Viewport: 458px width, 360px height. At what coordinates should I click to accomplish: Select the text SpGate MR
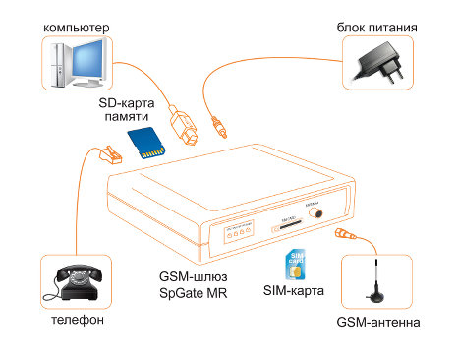193,292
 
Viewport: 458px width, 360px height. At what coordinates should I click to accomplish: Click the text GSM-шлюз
195,275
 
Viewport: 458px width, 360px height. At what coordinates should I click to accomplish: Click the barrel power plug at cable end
221,128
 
